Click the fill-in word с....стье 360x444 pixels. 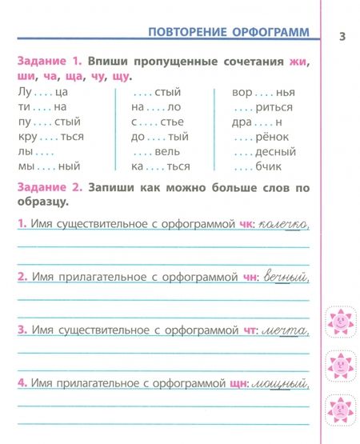coord(157,122)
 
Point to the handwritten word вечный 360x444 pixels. coord(286,277)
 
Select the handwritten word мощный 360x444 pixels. coord(282,383)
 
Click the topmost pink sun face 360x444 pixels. coord(340,322)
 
